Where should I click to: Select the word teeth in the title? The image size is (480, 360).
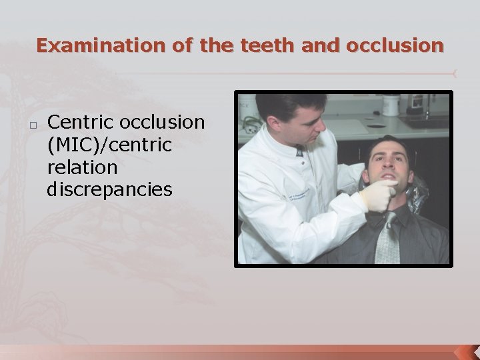click(264, 45)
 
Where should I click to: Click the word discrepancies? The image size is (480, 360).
click(109, 189)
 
